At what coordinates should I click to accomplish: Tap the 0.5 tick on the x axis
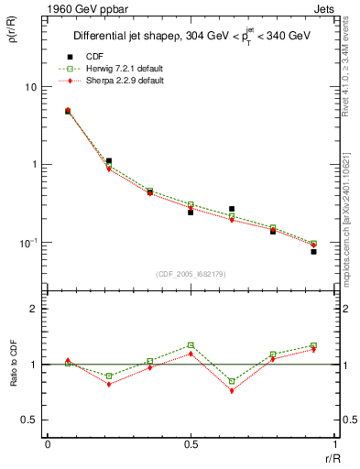[191, 445]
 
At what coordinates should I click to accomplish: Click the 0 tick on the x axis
[48, 445]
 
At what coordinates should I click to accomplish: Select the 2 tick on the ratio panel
[36, 309]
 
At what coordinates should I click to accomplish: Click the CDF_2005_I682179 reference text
[191, 274]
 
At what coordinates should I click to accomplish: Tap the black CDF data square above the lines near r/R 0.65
[232, 209]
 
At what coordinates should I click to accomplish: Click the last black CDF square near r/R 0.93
[313, 251]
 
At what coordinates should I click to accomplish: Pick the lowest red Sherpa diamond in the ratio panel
[232, 390]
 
